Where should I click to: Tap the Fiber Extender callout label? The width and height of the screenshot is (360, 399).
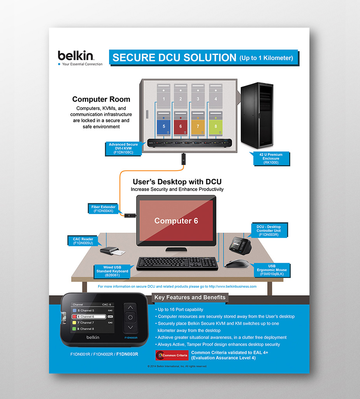tap(103, 209)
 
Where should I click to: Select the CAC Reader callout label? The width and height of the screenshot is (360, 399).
tap(83, 241)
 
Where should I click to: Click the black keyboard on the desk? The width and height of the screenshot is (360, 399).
tap(177, 263)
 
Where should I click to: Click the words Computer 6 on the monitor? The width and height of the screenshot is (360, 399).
tap(176, 221)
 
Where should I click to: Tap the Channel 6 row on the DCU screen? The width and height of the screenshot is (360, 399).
tap(89, 316)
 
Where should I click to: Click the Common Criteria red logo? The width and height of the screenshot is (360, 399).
tap(172, 355)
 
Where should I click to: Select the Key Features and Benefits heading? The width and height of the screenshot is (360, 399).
tap(190, 297)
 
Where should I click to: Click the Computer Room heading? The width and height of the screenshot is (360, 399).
tap(101, 99)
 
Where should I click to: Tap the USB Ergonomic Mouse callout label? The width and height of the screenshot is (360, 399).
tap(272, 270)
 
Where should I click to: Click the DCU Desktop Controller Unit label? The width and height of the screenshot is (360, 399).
tap(268, 231)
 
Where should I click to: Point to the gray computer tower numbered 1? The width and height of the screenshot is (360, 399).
tap(163, 96)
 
